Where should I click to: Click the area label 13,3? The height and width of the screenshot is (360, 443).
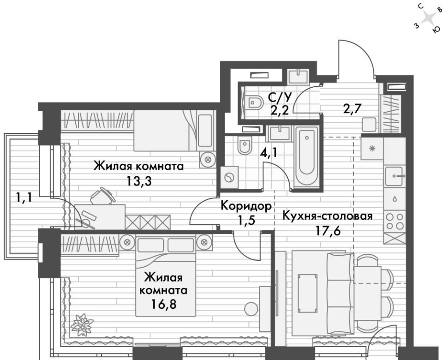click(139, 181)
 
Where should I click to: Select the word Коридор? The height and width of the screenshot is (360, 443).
click(246, 206)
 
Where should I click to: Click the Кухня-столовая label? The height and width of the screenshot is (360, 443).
click(328, 216)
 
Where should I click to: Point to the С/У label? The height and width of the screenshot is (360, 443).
click(279, 97)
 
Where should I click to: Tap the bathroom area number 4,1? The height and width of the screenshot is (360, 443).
click(269, 153)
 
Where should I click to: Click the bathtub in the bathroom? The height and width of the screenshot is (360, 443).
click(306, 157)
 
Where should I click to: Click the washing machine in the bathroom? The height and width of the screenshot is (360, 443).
click(229, 177)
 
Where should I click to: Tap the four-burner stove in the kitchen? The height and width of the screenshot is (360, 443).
click(395, 221)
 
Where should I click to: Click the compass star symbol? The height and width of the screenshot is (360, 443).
click(429, 19)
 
